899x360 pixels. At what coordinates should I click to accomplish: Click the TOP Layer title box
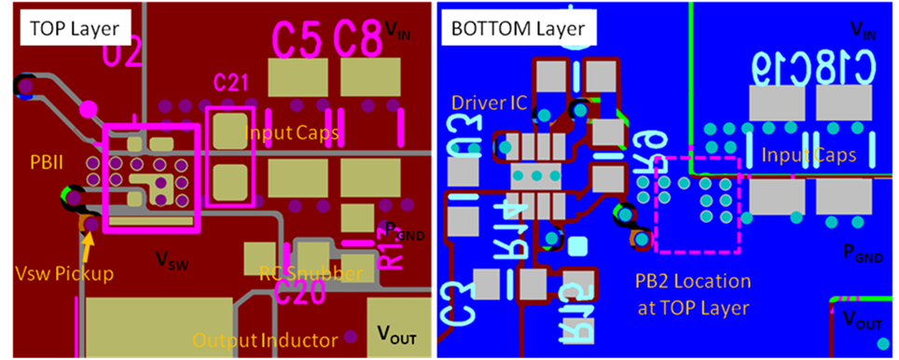coord(69,28)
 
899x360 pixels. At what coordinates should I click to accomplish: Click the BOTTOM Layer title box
coord(519,28)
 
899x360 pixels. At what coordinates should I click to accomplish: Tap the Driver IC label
coord(485,101)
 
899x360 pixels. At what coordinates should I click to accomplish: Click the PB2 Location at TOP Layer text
coord(691,292)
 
